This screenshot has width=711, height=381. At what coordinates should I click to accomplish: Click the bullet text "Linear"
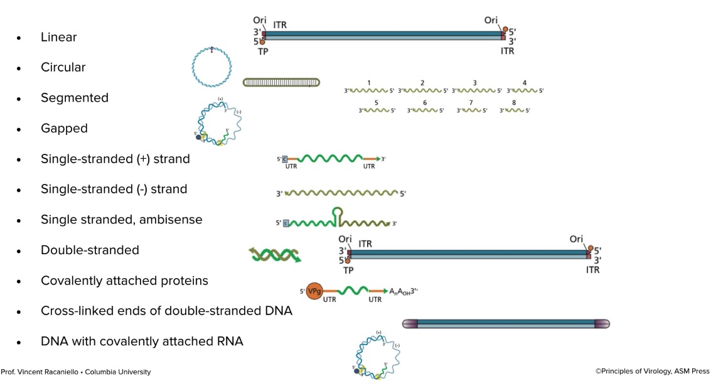[58, 37]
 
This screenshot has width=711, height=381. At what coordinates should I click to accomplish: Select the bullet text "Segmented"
[74, 98]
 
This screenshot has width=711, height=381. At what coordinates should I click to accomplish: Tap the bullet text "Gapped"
[64, 129]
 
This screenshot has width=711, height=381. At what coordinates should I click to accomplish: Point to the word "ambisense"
[175, 220]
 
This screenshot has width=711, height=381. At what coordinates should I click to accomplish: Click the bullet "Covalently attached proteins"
[124, 281]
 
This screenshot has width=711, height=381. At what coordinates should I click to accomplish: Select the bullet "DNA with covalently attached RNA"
[142, 341]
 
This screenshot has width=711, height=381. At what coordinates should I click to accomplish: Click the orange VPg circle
[314, 291]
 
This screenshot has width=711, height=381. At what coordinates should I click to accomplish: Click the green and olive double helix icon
[275, 254]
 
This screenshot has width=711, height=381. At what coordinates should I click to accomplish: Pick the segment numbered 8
[515, 110]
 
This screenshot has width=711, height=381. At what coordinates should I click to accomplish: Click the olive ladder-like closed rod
[281, 82]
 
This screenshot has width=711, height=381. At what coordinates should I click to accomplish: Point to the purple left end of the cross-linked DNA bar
[409, 324]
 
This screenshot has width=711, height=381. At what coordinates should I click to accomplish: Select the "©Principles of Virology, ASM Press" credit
[652, 372]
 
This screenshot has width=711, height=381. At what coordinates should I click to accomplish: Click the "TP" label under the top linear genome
[263, 51]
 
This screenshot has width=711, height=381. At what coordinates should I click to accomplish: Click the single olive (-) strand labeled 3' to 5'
[341, 193]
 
